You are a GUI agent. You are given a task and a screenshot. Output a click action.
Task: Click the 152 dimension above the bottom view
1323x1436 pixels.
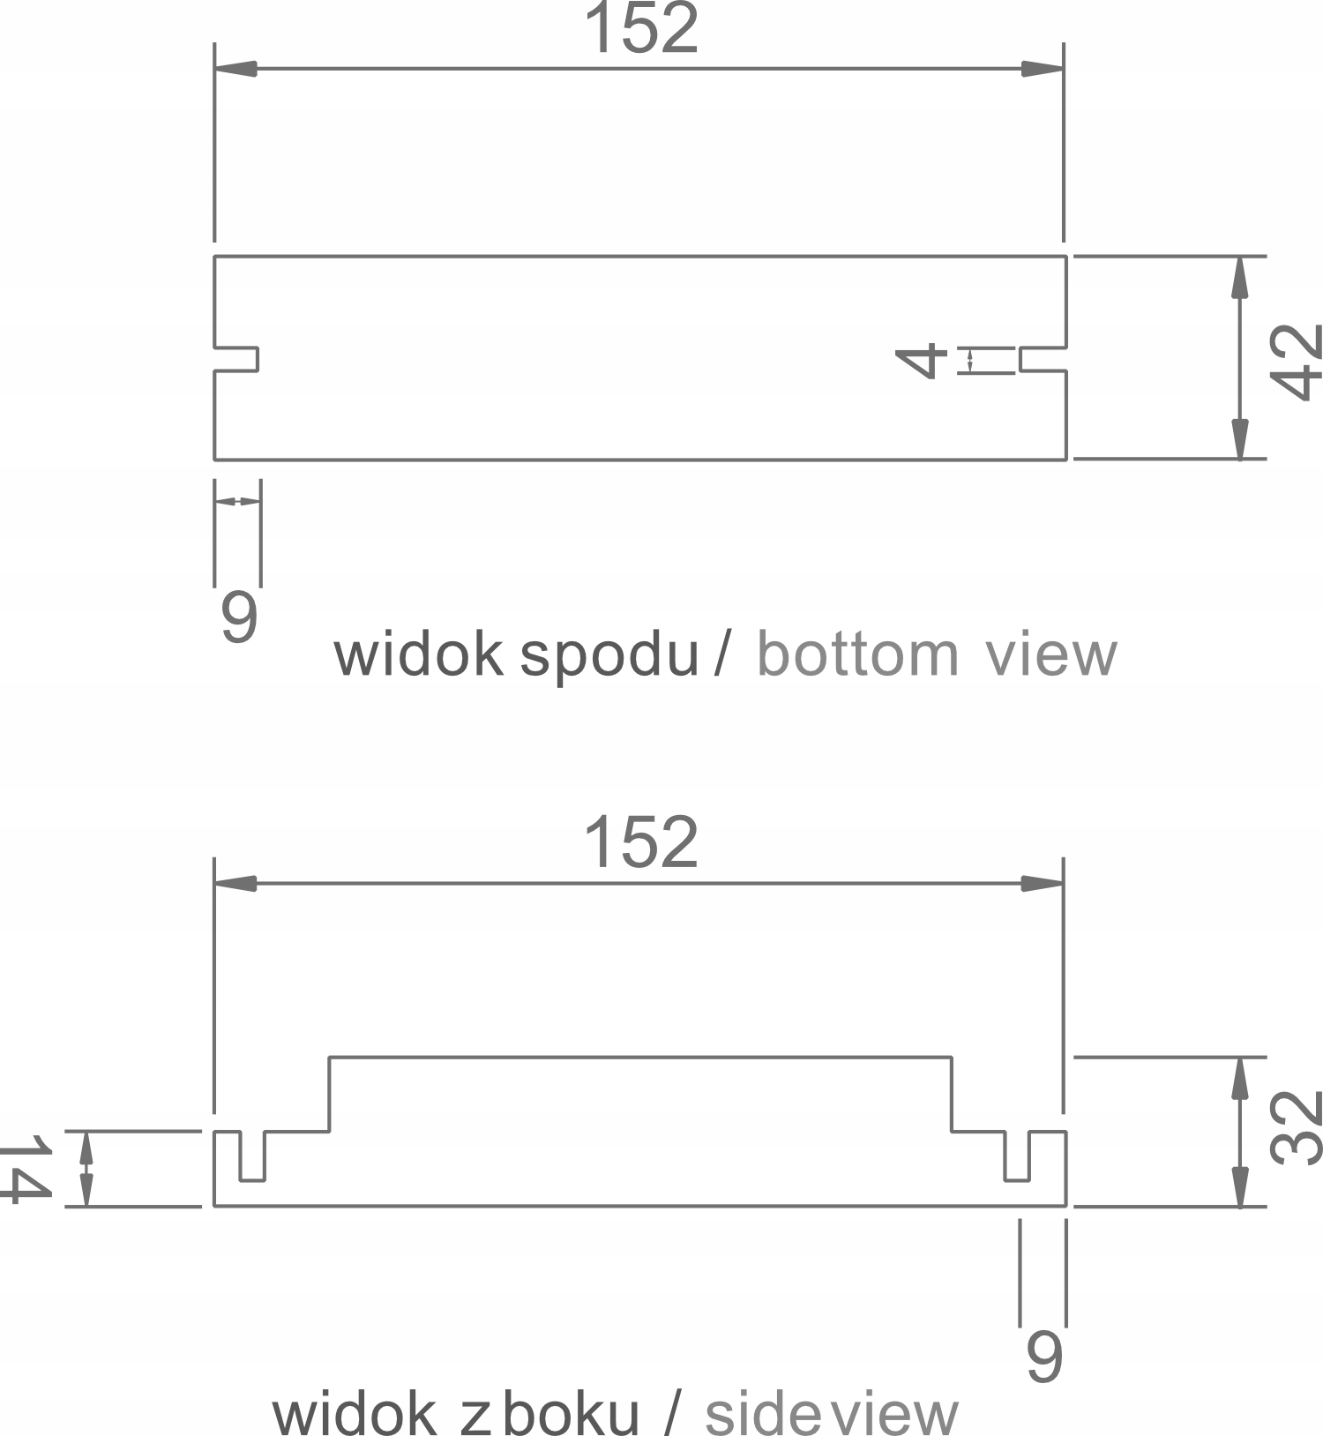tap(641, 28)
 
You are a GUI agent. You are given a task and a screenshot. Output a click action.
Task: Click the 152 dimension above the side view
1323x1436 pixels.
tap(641, 842)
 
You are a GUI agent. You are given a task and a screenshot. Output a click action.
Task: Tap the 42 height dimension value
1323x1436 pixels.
tap(1296, 362)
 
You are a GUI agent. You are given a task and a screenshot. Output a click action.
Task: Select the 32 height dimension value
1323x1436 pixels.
tap(1296, 1128)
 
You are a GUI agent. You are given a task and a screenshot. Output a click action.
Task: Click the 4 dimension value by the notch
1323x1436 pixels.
tap(921, 362)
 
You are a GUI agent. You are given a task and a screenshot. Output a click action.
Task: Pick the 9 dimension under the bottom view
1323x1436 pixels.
tap(239, 617)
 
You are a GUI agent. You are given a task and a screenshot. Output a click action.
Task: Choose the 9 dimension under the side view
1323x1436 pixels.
tap(1044, 1356)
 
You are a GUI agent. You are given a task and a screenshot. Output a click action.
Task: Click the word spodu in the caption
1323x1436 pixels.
tap(609, 656)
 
